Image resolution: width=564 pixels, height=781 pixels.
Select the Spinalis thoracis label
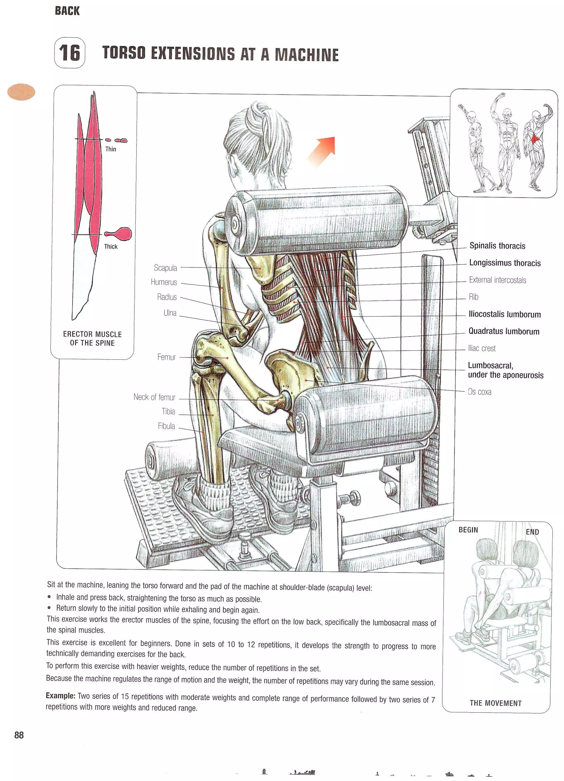[x=497, y=246]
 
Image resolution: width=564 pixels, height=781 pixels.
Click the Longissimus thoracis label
[x=505, y=263]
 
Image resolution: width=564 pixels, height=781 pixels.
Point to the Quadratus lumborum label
[x=504, y=331]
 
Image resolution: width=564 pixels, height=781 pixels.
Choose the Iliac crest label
[x=481, y=348]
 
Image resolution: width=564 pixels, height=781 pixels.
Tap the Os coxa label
[x=479, y=392]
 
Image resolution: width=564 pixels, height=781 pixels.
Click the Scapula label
[x=165, y=268]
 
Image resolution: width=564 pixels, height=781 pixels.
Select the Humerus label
[x=164, y=282]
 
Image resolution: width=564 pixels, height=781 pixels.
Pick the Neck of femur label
[x=154, y=397]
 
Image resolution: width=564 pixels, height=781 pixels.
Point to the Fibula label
[x=166, y=426]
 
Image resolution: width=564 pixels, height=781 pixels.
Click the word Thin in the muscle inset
[x=110, y=149]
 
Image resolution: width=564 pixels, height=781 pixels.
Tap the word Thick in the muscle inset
[x=110, y=246]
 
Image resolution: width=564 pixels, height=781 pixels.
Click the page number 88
[x=19, y=735]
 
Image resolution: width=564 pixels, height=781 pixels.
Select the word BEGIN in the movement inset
[x=468, y=530]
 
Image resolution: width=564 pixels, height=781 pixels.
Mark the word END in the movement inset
[x=532, y=532]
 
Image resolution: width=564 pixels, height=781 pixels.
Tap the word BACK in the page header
[x=67, y=11]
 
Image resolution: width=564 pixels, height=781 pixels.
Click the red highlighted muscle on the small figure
[x=535, y=139]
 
